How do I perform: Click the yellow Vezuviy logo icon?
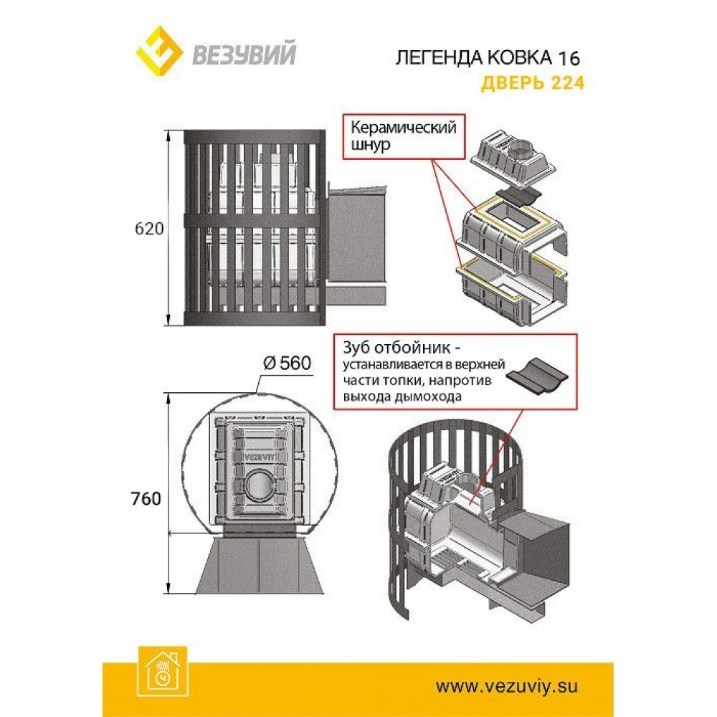pyautogui.click(x=158, y=54)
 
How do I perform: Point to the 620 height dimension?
pyautogui.click(x=149, y=229)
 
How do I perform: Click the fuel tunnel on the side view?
pyautogui.click(x=356, y=240)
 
